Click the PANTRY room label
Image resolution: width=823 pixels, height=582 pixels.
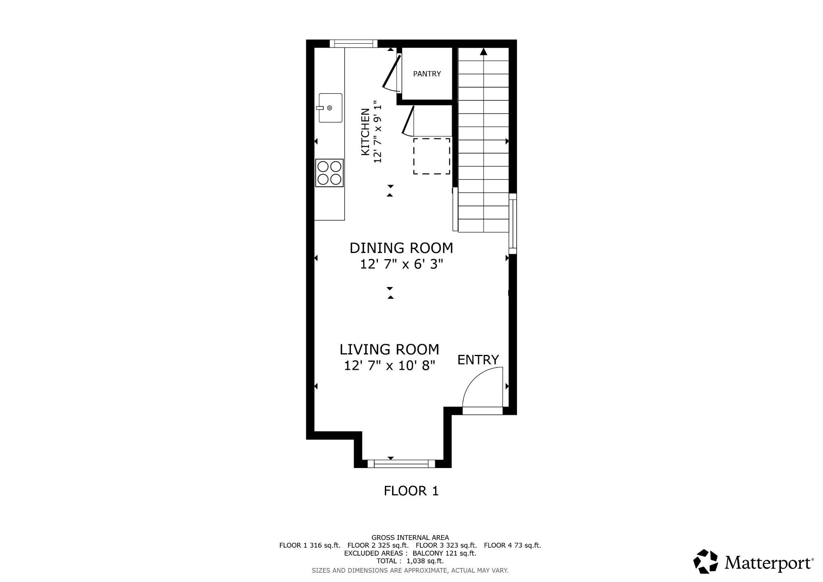pyautogui.click(x=427, y=74)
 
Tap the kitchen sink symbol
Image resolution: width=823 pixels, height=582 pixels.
pyautogui.click(x=330, y=108)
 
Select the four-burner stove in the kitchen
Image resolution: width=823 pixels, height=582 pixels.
pyautogui.click(x=329, y=173)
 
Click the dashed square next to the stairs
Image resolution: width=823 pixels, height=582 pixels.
pyautogui.click(x=432, y=156)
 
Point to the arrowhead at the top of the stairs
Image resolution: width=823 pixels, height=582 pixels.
pyautogui.click(x=483, y=52)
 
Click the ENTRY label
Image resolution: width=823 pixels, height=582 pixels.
pyautogui.click(x=478, y=360)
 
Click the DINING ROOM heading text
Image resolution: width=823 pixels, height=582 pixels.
pyautogui.click(x=401, y=248)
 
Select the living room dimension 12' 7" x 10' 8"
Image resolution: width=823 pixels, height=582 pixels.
pyautogui.click(x=390, y=366)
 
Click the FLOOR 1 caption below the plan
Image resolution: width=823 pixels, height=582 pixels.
pyautogui.click(x=411, y=491)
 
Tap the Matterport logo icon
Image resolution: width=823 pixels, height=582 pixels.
pyautogui.click(x=706, y=561)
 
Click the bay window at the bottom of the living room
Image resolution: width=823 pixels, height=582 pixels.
pyautogui.click(x=401, y=464)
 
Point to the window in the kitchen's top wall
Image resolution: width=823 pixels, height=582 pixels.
pyautogui.click(x=354, y=44)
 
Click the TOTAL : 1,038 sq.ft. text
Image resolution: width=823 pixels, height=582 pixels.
pyautogui.click(x=410, y=561)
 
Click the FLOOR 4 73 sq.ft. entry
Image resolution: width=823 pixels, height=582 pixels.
pyautogui.click(x=512, y=545)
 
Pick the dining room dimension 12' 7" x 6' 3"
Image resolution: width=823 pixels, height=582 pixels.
pyautogui.click(x=402, y=264)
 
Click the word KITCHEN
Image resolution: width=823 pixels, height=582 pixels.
pyautogui.click(x=365, y=132)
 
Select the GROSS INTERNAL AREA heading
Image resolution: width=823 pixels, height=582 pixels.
pyautogui.click(x=410, y=538)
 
